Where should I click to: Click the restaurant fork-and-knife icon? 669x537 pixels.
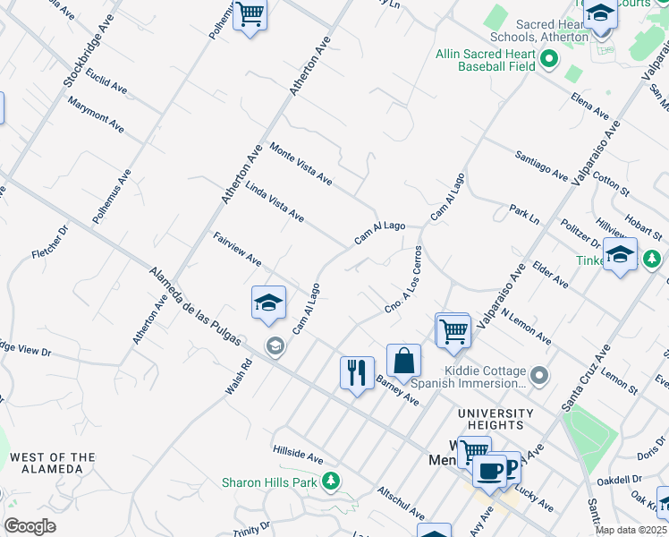tap(357, 371)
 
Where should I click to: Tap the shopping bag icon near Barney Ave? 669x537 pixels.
tap(403, 360)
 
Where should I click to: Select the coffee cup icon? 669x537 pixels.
tap(489, 469)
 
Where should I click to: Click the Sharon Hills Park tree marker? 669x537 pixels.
tap(332, 482)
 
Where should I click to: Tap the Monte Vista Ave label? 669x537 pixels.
tap(301, 166)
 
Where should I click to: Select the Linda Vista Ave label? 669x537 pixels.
tap(275, 204)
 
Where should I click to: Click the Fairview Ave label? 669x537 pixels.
tap(237, 249)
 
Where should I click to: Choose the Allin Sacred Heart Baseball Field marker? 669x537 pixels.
tap(548, 61)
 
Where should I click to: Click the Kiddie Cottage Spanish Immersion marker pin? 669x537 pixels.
tap(538, 375)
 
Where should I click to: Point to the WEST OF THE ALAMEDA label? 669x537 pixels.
tap(52, 464)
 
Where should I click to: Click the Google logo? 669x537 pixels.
tap(30, 525)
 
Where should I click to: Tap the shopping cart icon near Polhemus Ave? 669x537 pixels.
tap(250, 14)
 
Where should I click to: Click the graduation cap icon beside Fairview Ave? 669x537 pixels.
tap(267, 303)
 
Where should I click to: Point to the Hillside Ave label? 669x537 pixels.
tap(298, 456)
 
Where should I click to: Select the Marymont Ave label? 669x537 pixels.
tap(96, 111)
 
